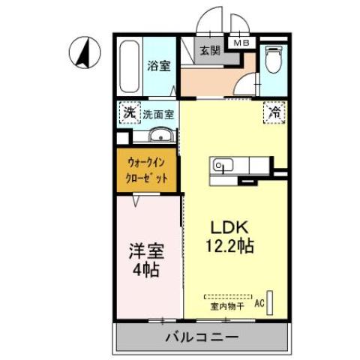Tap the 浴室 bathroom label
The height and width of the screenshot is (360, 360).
click(x=158, y=66)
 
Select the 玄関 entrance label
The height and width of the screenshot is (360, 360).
click(x=209, y=51)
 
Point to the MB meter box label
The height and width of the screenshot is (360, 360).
click(x=242, y=43)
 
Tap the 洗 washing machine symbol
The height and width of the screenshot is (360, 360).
click(x=129, y=114)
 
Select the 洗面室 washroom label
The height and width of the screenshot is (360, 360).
click(x=159, y=115)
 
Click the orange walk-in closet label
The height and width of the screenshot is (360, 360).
click(x=146, y=169)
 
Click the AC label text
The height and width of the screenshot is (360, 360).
click(x=259, y=304)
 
